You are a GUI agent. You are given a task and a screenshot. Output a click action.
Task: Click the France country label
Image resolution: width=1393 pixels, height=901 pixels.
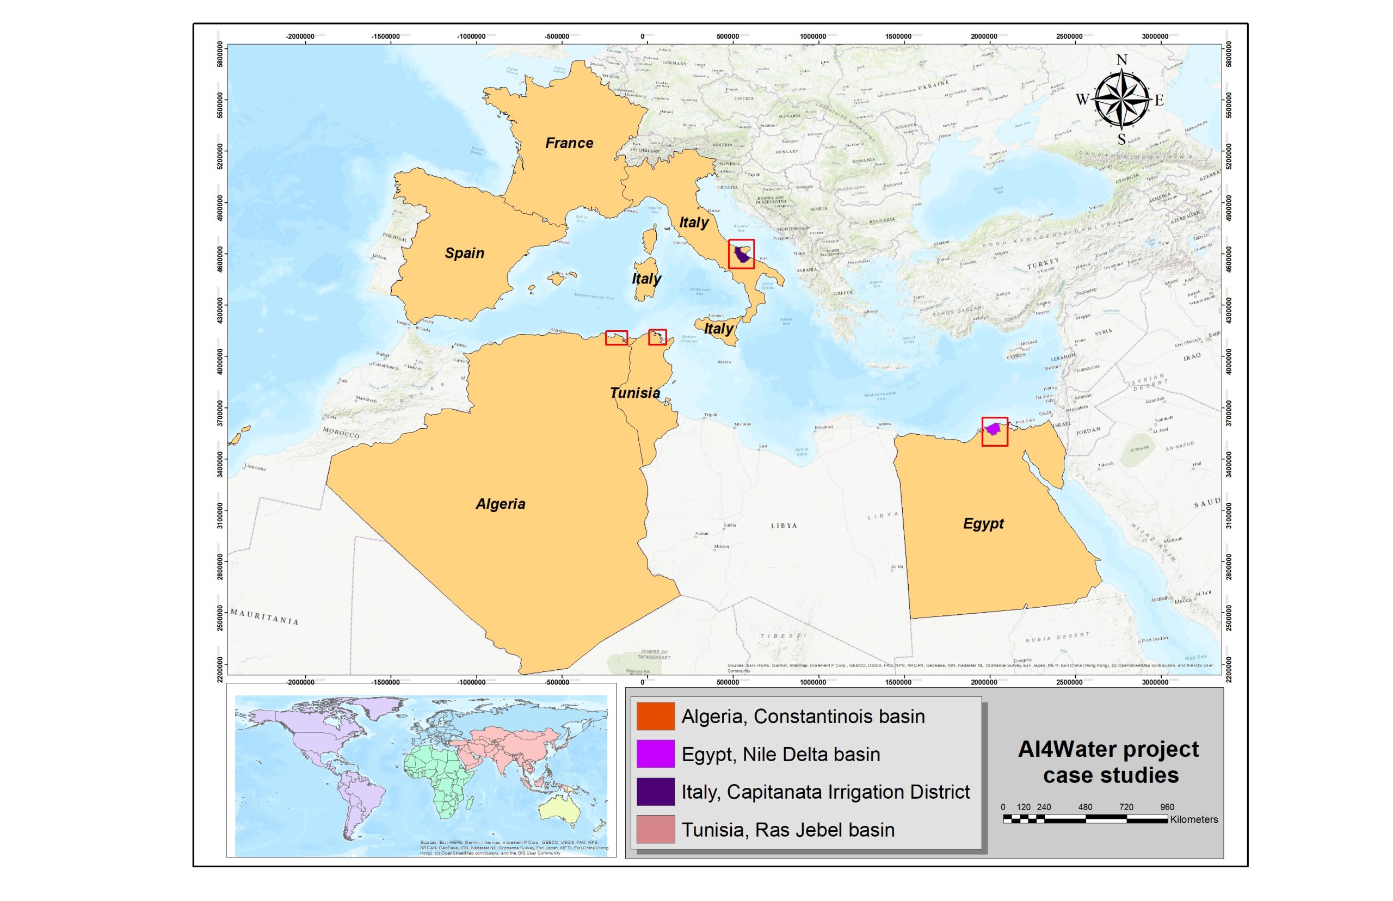[569, 143]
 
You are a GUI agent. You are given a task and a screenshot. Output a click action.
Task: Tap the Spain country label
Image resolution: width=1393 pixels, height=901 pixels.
[464, 253]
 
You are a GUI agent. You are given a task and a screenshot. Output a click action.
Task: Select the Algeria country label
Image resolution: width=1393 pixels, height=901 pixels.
[500, 504]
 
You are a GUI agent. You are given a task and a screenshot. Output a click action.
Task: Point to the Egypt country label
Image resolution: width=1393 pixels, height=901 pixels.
[983, 523]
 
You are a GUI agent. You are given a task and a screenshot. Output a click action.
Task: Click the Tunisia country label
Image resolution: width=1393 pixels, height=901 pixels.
[635, 393]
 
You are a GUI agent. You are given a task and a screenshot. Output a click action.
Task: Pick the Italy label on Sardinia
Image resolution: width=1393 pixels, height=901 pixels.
[646, 279]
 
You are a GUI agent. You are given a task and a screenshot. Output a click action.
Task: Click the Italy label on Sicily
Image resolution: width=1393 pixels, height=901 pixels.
[718, 328]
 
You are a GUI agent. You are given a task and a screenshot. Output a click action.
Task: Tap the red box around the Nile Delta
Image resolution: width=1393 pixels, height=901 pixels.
[994, 432]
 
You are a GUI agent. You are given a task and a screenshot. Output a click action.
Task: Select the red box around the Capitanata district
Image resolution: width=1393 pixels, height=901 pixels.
[741, 254]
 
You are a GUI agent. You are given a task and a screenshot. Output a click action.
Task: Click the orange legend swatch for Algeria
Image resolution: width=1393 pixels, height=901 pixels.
[655, 716]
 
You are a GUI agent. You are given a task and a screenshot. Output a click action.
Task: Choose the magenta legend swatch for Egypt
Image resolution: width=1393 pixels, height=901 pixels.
[655, 754]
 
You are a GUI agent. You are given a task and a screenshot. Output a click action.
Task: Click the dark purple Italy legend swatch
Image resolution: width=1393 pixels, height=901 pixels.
[655, 792]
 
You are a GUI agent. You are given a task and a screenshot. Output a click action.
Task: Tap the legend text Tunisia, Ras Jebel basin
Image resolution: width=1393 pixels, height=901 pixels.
[787, 830]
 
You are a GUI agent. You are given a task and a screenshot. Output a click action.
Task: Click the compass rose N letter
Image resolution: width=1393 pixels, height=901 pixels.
[1121, 60]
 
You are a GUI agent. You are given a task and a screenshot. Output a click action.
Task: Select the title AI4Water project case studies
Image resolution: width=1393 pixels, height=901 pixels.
[1108, 762]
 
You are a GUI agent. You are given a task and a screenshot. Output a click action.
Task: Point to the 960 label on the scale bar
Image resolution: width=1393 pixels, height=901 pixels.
[1167, 807]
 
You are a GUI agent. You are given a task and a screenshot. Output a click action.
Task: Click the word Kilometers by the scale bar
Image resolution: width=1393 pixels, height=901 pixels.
[1193, 820]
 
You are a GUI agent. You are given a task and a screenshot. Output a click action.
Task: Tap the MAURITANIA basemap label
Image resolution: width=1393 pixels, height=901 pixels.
[264, 616]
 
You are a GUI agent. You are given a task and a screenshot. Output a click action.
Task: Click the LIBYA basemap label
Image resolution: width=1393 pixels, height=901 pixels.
[784, 526]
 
